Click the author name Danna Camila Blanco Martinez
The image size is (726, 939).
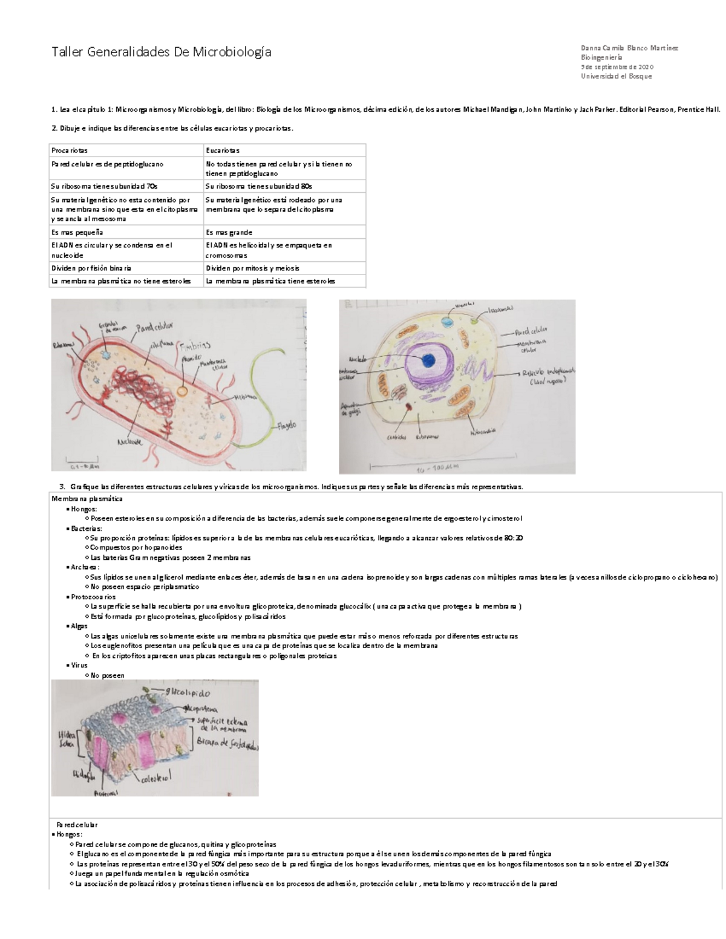coord(629,48)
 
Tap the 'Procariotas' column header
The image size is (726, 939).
coord(70,151)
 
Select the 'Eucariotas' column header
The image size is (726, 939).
coord(222,151)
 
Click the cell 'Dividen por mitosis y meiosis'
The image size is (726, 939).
coord(252,268)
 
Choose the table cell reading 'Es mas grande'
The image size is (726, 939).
coord(229,232)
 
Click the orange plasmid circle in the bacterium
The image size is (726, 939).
coord(182,391)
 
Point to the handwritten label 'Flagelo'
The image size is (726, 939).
coord(287,426)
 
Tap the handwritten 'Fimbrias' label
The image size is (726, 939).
coord(194,345)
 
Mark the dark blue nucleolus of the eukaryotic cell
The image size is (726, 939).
coord(428,360)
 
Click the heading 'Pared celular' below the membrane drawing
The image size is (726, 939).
coord(77,825)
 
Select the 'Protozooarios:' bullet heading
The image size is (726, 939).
coord(93,597)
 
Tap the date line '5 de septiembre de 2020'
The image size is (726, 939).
coord(617,67)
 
